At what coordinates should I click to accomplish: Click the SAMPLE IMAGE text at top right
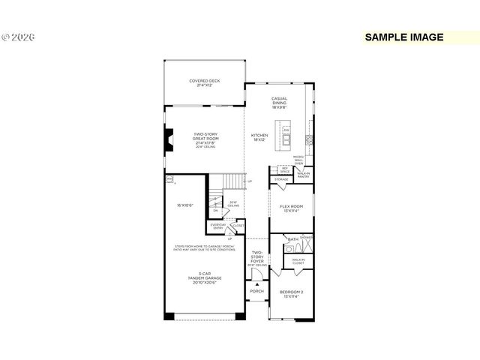click(403, 37)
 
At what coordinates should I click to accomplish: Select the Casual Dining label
click(280, 104)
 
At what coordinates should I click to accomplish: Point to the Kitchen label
click(259, 138)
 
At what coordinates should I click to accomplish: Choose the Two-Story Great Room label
click(205, 139)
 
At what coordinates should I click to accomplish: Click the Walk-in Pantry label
click(303, 175)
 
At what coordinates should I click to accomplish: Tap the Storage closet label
click(281, 180)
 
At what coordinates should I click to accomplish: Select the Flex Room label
click(291, 208)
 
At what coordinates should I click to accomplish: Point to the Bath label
click(292, 238)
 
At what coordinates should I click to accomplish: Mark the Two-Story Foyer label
click(257, 257)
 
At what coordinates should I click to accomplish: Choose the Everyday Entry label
click(217, 226)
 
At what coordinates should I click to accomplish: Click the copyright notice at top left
click(19, 36)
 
